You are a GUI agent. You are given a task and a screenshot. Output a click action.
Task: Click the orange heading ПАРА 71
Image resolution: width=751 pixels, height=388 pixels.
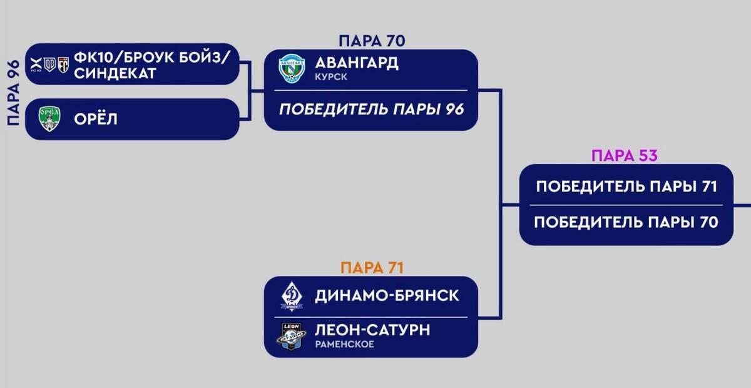[372, 268]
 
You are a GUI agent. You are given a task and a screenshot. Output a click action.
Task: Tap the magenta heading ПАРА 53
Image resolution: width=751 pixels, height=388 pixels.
[624, 155]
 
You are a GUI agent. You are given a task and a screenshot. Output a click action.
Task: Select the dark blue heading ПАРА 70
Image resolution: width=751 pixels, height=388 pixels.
[372, 41]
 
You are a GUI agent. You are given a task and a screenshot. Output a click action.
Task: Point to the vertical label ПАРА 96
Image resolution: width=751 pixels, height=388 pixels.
[13, 93]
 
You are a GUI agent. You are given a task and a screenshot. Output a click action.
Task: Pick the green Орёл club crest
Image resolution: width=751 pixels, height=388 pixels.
[49, 119]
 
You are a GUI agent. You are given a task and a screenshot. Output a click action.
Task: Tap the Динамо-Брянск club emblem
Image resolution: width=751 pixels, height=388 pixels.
[292, 296]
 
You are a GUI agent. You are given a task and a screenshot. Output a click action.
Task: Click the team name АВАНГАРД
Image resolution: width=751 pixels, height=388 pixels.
[357, 63]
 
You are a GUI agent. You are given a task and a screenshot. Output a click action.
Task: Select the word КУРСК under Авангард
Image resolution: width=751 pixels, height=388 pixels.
[332, 78]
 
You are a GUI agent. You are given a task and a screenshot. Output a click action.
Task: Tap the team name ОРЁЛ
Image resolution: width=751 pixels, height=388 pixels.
[96, 119]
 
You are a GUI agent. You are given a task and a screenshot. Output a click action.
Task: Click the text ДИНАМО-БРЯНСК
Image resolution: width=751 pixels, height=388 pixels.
[387, 295]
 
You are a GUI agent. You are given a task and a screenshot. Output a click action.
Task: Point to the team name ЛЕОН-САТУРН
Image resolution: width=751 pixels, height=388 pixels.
[372, 330]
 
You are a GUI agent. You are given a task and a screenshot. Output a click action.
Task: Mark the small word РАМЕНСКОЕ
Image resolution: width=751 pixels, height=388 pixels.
[345, 345]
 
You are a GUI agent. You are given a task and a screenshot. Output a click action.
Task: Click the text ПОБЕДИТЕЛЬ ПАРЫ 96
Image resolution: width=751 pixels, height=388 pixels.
[371, 110]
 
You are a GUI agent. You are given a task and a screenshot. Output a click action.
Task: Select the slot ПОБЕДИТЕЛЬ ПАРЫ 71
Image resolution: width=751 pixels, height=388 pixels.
[626, 186]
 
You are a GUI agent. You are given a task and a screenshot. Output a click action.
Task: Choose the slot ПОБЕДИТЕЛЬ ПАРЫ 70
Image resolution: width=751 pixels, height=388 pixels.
[626, 222]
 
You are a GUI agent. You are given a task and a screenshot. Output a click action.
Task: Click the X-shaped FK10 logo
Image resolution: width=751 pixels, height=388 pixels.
[35, 63]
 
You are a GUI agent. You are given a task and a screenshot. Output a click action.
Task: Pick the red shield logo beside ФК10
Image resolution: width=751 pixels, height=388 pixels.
[63, 64]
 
